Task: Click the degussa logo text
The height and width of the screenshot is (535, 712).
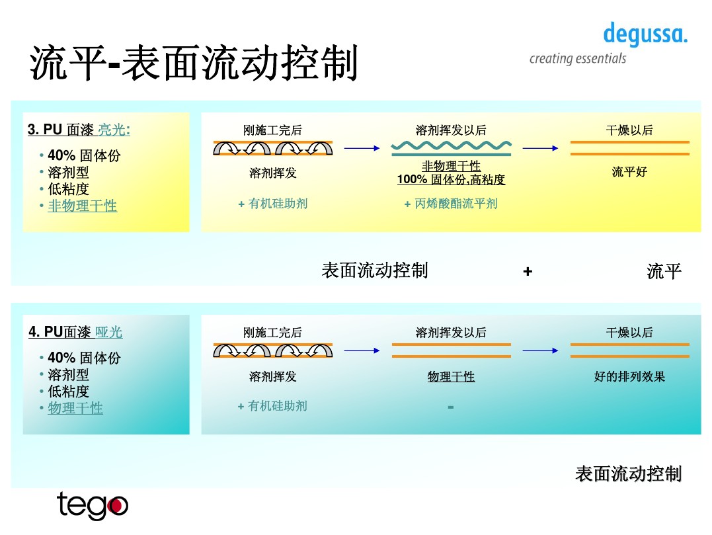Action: click(645, 34)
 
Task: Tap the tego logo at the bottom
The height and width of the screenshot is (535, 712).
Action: click(92, 506)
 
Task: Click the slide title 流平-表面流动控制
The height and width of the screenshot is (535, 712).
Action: click(194, 64)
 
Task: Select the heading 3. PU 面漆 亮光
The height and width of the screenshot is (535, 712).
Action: click(79, 130)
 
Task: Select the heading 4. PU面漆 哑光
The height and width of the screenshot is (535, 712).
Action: click(75, 332)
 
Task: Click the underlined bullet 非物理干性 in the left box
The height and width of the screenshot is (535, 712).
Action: click(82, 206)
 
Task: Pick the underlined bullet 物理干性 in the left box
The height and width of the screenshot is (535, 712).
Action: click(75, 408)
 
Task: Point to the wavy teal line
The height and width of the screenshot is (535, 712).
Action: click(451, 145)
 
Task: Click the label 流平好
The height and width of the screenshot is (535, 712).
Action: click(629, 172)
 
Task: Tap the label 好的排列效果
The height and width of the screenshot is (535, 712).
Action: click(629, 376)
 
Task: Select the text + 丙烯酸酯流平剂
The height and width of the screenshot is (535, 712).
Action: click(451, 204)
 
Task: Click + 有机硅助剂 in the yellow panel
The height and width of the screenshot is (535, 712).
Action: click(272, 204)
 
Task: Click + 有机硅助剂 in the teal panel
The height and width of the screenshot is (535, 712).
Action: click(272, 406)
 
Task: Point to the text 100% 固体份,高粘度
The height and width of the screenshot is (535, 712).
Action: click(451, 179)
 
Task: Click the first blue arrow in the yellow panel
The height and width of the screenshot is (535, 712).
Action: click(362, 149)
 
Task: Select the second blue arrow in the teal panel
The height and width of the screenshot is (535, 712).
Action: click(540, 351)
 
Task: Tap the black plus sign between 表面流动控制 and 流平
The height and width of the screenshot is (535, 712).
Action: click(528, 271)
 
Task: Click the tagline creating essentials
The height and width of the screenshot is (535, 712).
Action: click(577, 59)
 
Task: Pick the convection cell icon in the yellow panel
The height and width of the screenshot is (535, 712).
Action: click(272, 148)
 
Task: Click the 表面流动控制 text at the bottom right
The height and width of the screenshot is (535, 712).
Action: click(628, 473)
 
